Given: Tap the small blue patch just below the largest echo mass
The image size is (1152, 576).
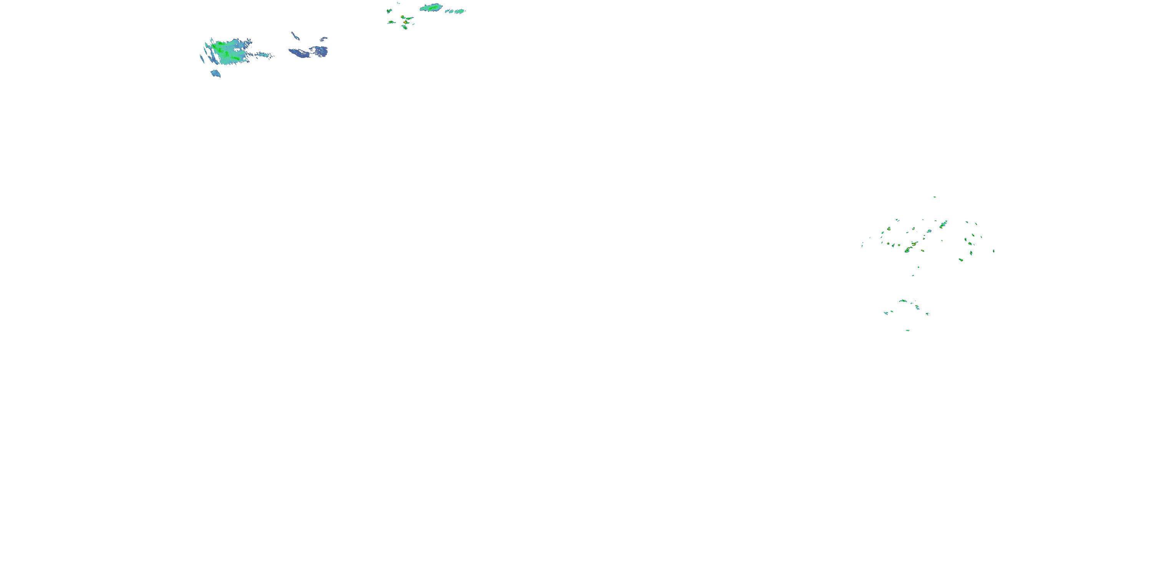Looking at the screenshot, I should (x=215, y=73).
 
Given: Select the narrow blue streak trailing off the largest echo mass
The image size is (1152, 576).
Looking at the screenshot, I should (x=264, y=55).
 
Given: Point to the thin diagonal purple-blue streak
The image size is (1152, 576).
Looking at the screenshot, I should (x=295, y=36).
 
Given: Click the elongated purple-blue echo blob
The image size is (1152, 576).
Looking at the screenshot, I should (x=298, y=54).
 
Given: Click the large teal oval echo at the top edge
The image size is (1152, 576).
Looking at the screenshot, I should (x=432, y=7).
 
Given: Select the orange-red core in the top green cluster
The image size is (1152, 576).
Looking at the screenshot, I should (x=406, y=22).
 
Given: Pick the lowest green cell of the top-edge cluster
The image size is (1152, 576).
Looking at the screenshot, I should (x=404, y=27).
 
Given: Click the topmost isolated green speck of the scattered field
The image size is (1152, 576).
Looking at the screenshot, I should (x=934, y=197).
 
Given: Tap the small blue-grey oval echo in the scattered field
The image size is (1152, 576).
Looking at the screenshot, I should (x=929, y=231).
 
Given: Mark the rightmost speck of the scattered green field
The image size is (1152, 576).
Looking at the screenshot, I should (x=994, y=251).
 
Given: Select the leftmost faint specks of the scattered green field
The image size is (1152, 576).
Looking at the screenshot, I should (x=862, y=244).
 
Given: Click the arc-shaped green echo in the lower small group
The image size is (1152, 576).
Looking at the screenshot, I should (x=903, y=301).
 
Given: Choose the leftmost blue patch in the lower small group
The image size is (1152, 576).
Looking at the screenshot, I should (x=886, y=313).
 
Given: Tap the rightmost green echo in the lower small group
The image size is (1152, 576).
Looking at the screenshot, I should (x=927, y=313).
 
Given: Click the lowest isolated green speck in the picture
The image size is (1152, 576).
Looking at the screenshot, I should (x=907, y=331).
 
